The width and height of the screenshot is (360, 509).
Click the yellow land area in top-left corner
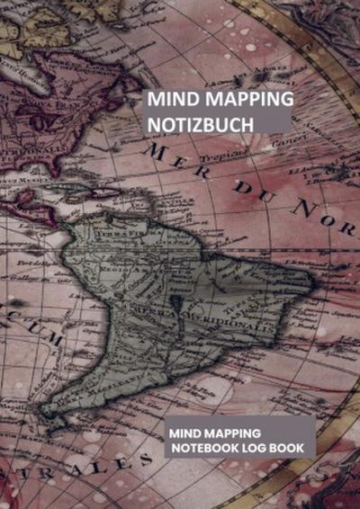[18, 27]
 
